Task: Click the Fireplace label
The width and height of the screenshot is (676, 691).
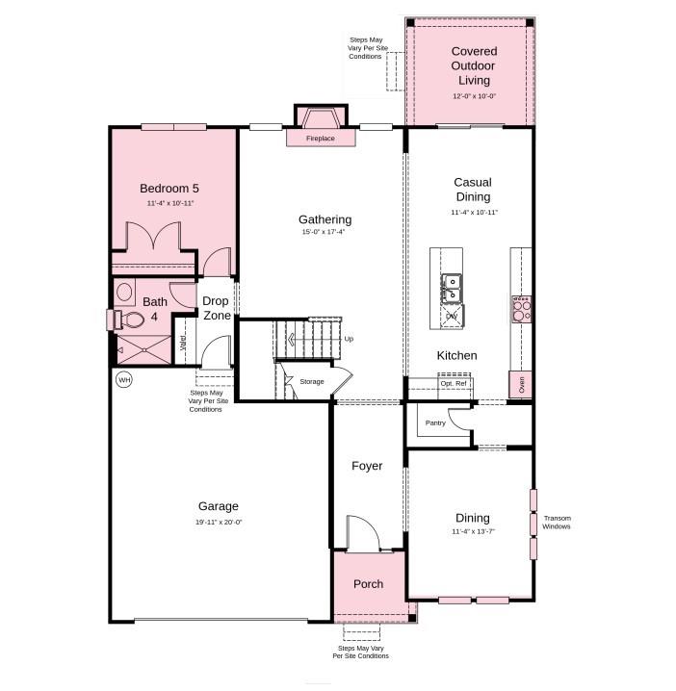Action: [x=321, y=139]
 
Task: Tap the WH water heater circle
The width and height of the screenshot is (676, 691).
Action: [x=123, y=380]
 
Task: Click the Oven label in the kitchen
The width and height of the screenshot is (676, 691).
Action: [x=521, y=384]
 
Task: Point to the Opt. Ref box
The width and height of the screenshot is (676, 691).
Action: [x=455, y=384]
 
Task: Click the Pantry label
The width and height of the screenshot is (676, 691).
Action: [x=435, y=422]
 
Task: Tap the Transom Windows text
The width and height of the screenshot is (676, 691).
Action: [x=557, y=522]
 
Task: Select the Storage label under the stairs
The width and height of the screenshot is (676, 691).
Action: [x=311, y=382]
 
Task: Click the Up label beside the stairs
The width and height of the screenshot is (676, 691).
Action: [x=349, y=339]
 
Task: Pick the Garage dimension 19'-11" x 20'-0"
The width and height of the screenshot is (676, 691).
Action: [x=219, y=522]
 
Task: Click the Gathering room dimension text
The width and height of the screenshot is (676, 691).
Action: [x=325, y=232]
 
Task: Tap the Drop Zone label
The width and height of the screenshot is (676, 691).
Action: [x=216, y=308]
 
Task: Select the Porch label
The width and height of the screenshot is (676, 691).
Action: [x=368, y=584]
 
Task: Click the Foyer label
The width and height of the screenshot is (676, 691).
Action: [x=367, y=466]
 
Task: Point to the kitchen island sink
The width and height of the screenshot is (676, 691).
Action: [x=451, y=285]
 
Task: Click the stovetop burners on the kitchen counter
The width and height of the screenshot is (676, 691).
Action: [x=520, y=308]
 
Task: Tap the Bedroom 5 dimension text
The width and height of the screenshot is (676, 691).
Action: [x=169, y=204]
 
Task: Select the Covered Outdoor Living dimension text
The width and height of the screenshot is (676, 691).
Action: [x=474, y=96]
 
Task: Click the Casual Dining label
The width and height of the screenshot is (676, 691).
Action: [x=473, y=190]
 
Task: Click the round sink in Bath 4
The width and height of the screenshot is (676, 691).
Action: [x=123, y=291]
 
